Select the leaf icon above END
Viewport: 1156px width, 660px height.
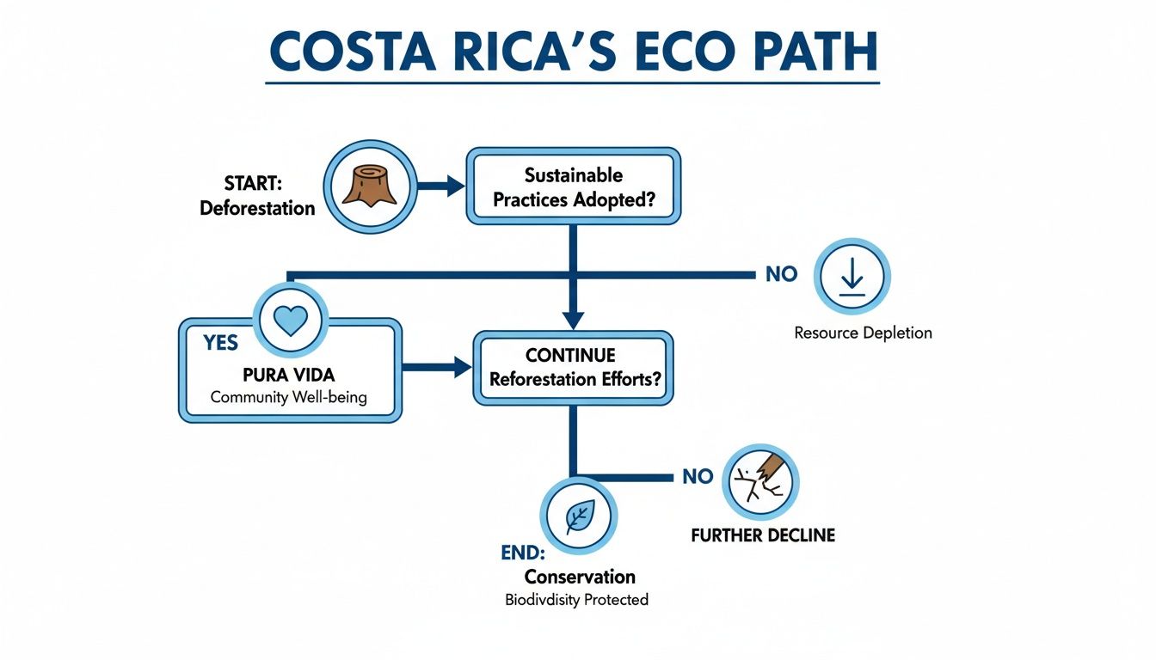coord(577,516)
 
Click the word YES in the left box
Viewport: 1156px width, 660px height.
coord(220,343)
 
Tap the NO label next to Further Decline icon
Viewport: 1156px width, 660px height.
coord(698,476)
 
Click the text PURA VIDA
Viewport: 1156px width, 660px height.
coord(288,376)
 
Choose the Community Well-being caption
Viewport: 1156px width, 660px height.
coord(288,398)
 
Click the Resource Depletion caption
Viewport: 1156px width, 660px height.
coord(863,333)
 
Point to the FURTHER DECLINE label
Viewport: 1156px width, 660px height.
coord(763,535)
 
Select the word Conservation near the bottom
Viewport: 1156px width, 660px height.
coord(580,577)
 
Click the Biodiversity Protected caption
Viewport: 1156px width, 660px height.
coord(576,600)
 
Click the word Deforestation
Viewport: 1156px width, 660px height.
coord(257,208)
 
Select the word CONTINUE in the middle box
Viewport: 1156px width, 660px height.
coord(570,356)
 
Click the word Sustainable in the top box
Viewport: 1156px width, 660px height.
coord(573,175)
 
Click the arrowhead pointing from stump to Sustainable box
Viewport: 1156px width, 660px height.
coord(455,186)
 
